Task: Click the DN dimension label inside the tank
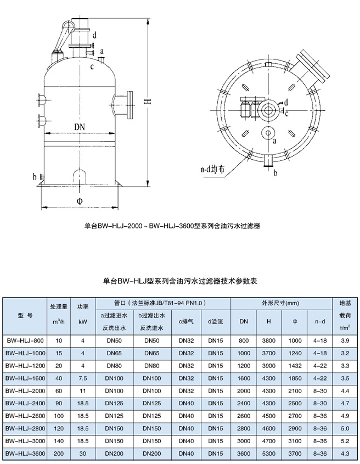click(x=80, y=127)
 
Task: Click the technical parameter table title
click(x=180, y=281)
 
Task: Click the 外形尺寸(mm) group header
click(x=282, y=303)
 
